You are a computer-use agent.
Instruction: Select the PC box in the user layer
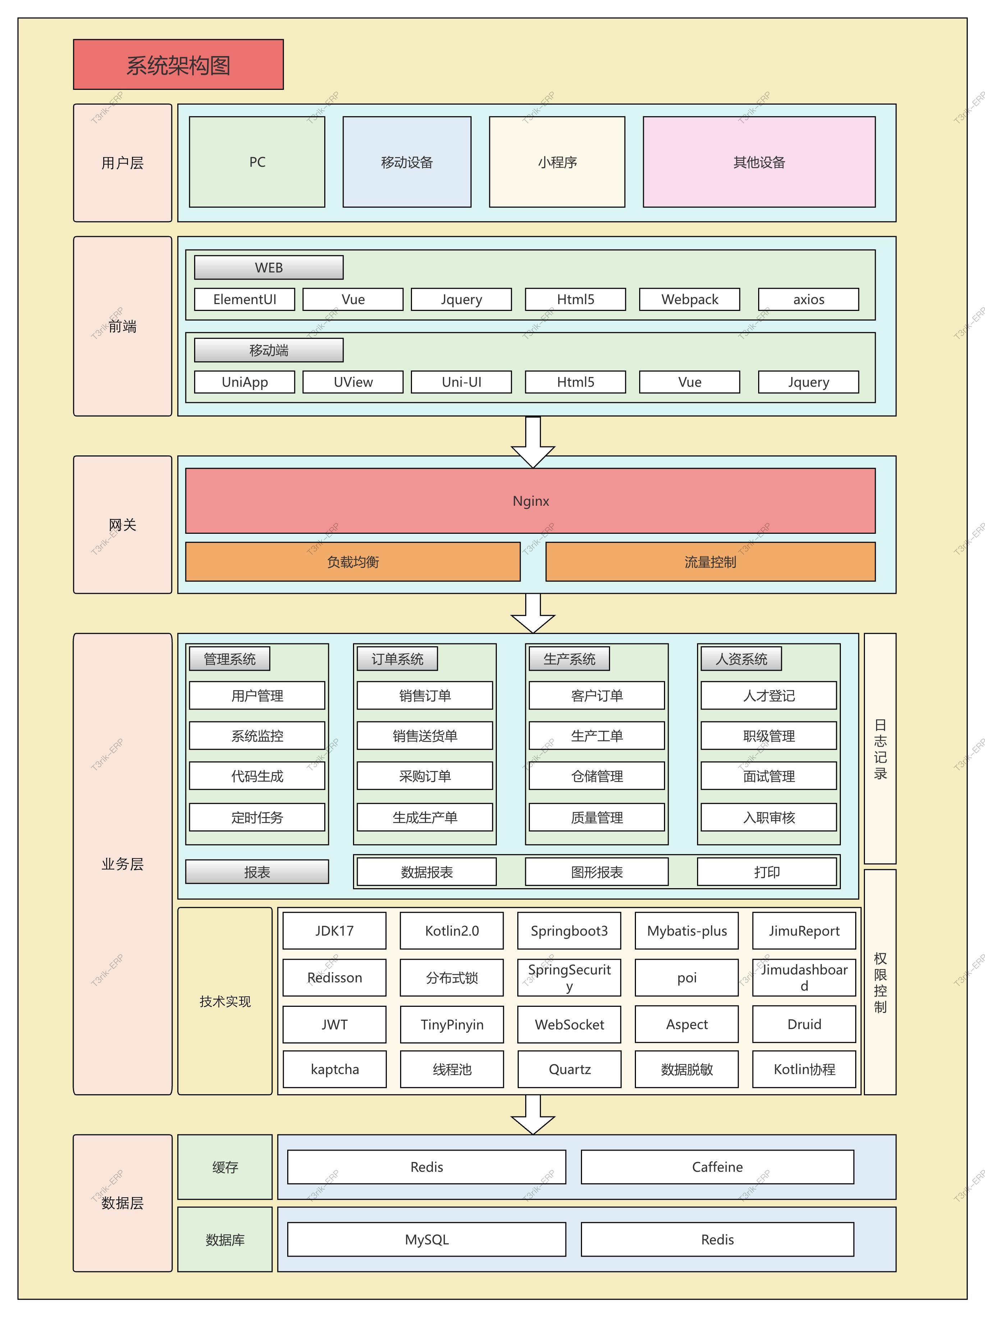(257, 162)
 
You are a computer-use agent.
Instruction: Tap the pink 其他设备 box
(759, 162)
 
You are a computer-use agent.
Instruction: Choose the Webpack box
(689, 299)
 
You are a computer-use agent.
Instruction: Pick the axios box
(808, 299)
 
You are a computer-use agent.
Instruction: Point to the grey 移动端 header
(269, 350)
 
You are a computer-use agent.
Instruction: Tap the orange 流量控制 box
(710, 561)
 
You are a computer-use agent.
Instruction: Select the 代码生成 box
(257, 776)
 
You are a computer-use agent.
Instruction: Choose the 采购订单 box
(425, 776)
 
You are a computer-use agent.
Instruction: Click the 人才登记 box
(768, 696)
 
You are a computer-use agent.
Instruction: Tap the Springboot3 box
(569, 931)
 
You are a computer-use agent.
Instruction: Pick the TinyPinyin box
(452, 1024)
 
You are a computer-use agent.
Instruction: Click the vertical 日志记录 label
(880, 748)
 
